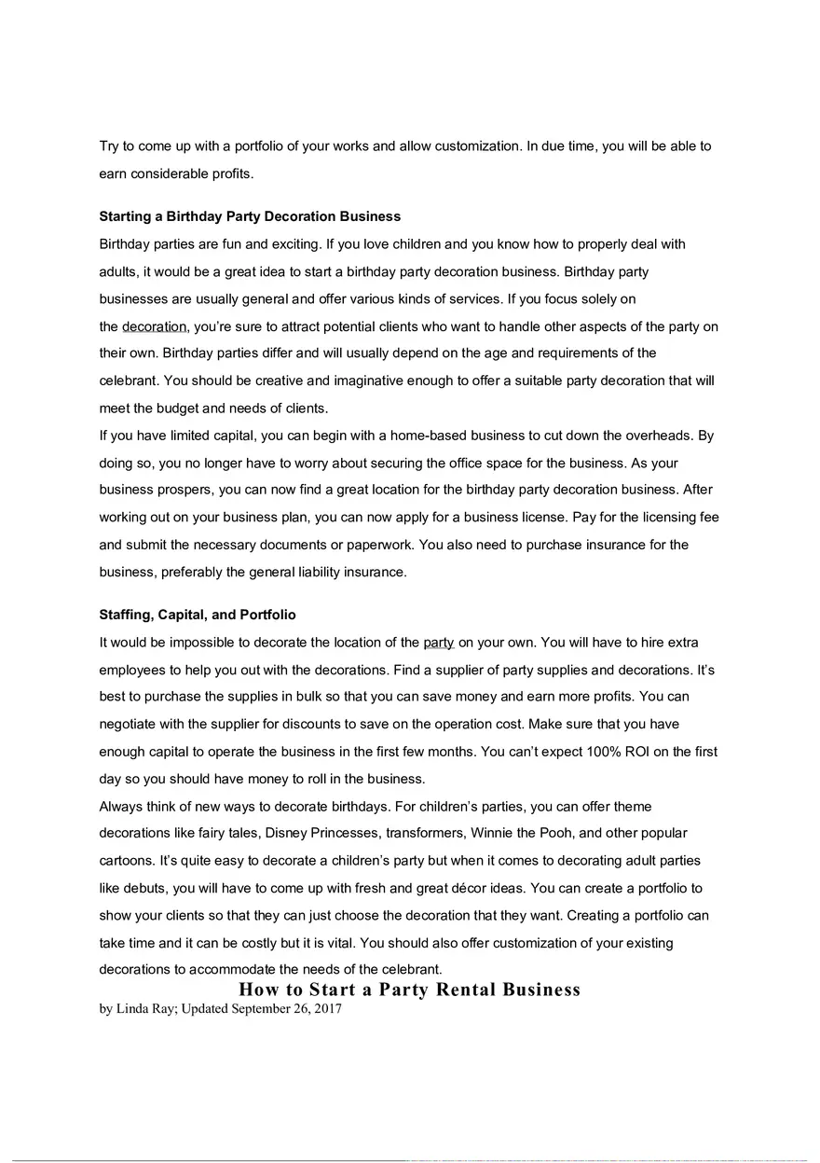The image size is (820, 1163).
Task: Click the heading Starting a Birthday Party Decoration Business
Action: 250,216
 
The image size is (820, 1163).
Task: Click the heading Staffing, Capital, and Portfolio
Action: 198,616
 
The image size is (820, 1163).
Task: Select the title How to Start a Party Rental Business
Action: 409,990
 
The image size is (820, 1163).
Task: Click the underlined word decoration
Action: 155,326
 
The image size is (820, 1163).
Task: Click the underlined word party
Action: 438,643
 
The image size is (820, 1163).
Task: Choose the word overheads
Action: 658,436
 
